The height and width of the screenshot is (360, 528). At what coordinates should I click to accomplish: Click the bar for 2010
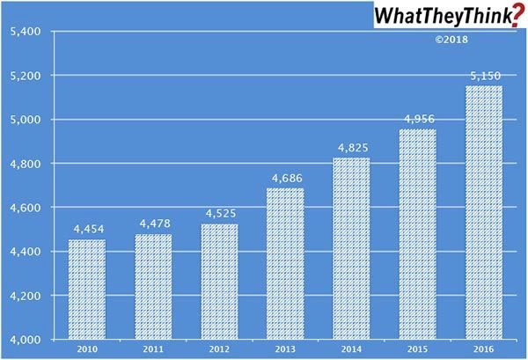coord(87,289)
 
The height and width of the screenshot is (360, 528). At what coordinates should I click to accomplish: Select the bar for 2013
coord(285,263)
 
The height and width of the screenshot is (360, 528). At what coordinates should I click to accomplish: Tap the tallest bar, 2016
coord(484,212)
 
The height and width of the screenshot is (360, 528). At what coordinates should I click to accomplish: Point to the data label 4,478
coord(153,225)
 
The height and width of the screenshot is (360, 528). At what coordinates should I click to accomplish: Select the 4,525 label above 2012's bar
coord(219,215)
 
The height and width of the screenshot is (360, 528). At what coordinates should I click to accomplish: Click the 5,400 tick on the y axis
coord(25,32)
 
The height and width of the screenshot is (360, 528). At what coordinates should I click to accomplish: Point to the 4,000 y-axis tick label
coord(25,340)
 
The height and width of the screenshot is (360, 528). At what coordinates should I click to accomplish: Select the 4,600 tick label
coord(25,208)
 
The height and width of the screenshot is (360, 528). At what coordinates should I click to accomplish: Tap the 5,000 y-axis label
coord(25,120)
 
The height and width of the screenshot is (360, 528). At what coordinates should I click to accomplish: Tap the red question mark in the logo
coord(515,16)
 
